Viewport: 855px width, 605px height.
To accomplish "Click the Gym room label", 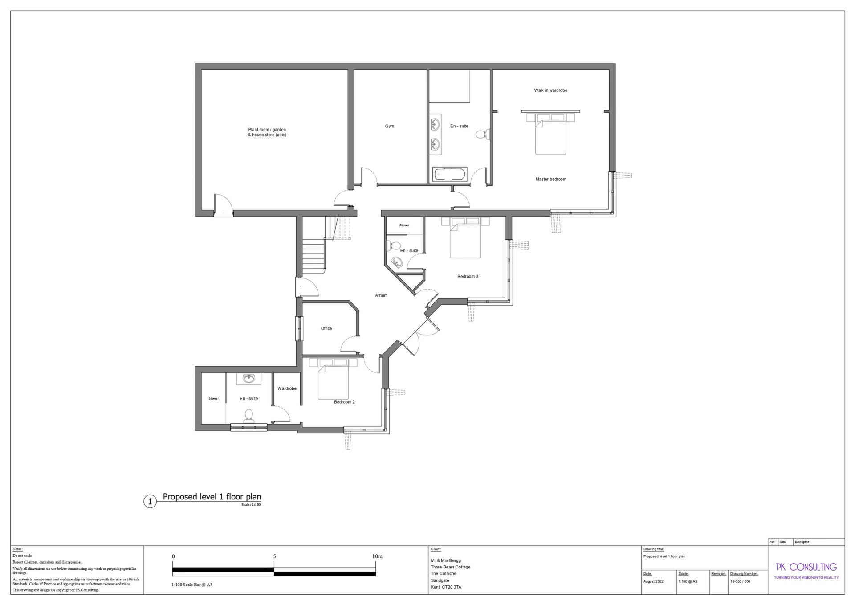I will tap(389, 126).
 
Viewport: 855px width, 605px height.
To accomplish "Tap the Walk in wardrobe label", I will tap(550, 90).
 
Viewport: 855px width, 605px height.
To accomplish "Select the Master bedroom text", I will tap(550, 179).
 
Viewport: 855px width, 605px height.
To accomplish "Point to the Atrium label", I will tap(381, 295).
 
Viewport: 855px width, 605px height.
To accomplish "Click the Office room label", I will tap(326, 328).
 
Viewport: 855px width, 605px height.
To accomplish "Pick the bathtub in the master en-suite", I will tap(450, 174).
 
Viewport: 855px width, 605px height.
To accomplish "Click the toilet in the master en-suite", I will tap(482, 134).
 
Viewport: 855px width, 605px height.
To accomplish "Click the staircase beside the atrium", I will tap(314, 256).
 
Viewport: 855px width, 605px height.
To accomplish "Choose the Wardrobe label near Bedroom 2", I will tap(287, 388).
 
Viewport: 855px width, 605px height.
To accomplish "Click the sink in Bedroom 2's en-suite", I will tap(249, 379).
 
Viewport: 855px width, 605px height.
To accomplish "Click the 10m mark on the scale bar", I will tap(377, 556).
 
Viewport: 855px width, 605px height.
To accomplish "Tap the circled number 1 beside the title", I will tap(150, 502).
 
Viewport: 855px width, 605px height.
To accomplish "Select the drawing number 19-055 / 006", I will tap(740, 581).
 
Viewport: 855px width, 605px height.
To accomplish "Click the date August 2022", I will tap(653, 581).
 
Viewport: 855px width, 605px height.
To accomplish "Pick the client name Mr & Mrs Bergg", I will tap(446, 560).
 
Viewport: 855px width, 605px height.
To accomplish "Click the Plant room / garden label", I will tap(267, 132).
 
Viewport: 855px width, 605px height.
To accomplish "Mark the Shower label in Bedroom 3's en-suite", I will tap(404, 225).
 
